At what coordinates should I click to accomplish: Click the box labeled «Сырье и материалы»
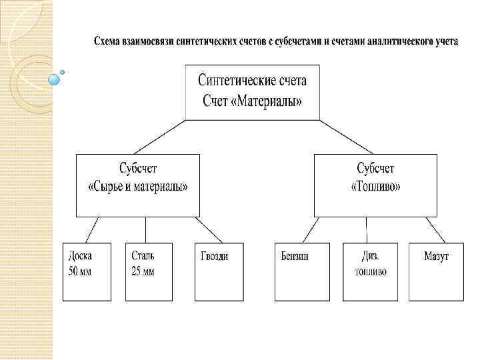click(137, 185)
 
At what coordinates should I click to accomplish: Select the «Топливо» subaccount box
click(375, 185)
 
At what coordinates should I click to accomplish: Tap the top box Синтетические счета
click(252, 92)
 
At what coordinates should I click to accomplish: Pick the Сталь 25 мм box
click(149, 272)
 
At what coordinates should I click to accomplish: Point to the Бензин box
click(297, 272)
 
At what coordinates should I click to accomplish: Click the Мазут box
click(436, 272)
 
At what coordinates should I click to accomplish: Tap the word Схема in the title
click(107, 41)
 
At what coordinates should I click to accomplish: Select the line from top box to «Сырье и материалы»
click(160, 137)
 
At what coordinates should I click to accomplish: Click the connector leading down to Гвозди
click(209, 230)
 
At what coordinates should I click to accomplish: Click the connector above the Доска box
click(89, 230)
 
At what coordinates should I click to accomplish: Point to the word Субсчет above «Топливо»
click(375, 168)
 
